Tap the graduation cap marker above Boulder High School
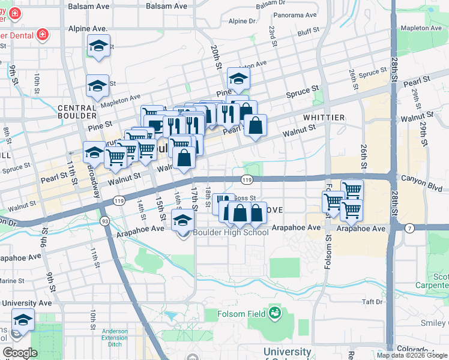point(183,220)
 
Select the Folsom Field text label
point(240,314)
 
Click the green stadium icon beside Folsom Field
point(274,313)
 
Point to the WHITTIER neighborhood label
point(324,118)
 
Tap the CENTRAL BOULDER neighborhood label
point(77,112)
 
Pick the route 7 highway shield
point(409,228)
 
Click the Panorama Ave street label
point(294,15)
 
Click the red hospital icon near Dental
point(42,35)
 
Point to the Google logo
point(20,353)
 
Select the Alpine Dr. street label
point(243,21)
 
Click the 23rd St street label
point(273,36)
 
